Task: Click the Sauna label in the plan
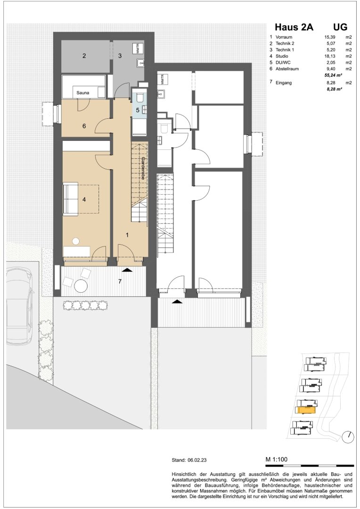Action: tap(83, 93)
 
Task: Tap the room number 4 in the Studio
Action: tap(84, 200)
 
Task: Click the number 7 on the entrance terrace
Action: tap(120, 281)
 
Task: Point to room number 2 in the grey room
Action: tap(84, 56)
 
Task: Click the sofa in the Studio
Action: tap(70, 199)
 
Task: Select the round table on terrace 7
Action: tap(81, 286)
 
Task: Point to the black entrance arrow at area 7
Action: tap(127, 270)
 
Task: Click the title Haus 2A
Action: tap(294, 27)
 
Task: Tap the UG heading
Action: tap(340, 27)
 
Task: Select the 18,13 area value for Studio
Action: tap(330, 56)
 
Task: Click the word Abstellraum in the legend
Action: tap(287, 69)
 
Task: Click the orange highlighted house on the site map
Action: tap(306, 410)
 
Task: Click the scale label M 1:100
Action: tap(277, 460)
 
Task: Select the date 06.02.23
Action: tap(197, 460)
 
